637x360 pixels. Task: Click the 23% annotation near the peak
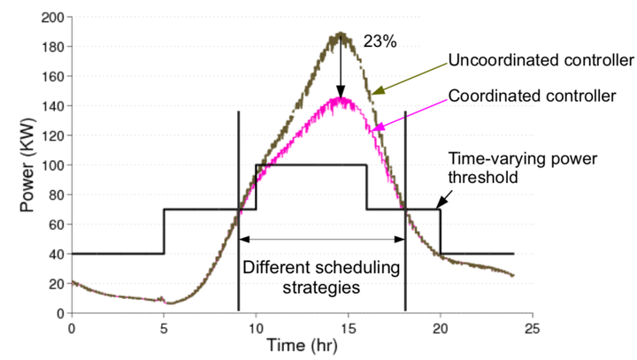(x=377, y=40)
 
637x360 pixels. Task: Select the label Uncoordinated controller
(x=541, y=62)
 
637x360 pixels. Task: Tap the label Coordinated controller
(x=531, y=95)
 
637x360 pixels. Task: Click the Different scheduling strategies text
(x=321, y=276)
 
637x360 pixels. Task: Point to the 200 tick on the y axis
(x=51, y=18)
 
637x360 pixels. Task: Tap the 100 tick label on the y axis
(x=51, y=165)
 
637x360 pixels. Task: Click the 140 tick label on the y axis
(x=51, y=106)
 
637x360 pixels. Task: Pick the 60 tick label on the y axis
(x=55, y=225)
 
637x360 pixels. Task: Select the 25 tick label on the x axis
(x=532, y=327)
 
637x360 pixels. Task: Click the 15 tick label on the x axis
(x=348, y=327)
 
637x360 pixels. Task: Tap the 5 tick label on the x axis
(x=164, y=327)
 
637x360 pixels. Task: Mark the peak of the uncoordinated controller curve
(x=340, y=35)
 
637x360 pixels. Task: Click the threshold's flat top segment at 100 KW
(x=311, y=165)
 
